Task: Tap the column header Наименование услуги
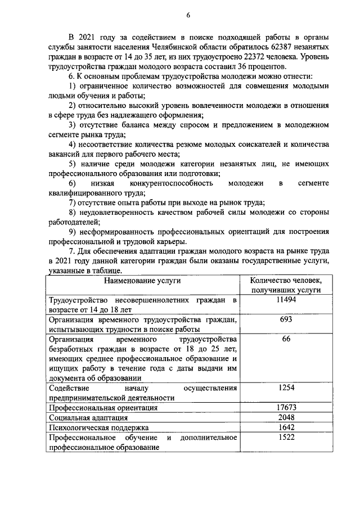click(142, 280)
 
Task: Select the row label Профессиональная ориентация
click(103, 408)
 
